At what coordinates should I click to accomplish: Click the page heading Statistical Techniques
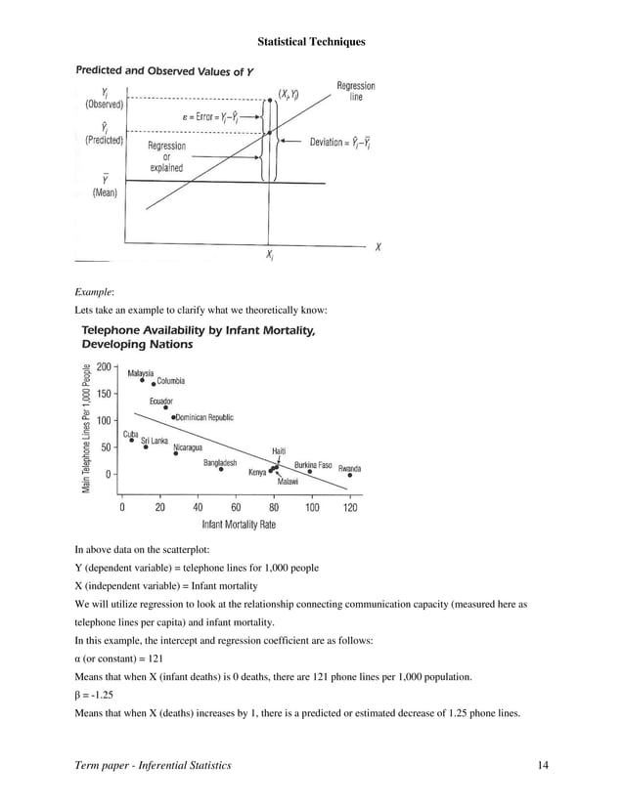point(311,42)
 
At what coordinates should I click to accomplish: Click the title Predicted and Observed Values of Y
point(166,70)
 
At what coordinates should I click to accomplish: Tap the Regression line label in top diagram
point(356,92)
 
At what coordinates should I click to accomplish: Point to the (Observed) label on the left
point(105,104)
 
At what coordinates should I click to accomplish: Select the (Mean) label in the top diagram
point(105,193)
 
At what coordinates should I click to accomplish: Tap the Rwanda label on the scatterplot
point(349,469)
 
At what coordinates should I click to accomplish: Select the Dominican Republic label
point(205,417)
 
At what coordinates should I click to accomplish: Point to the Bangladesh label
point(220,462)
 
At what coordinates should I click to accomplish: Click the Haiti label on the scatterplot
point(279,450)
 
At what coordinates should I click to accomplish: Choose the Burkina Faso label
point(313,465)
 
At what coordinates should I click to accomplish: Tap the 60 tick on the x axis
point(236,508)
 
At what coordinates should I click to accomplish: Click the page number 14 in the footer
point(543,765)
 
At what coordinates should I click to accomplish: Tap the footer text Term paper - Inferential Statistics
point(153,765)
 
